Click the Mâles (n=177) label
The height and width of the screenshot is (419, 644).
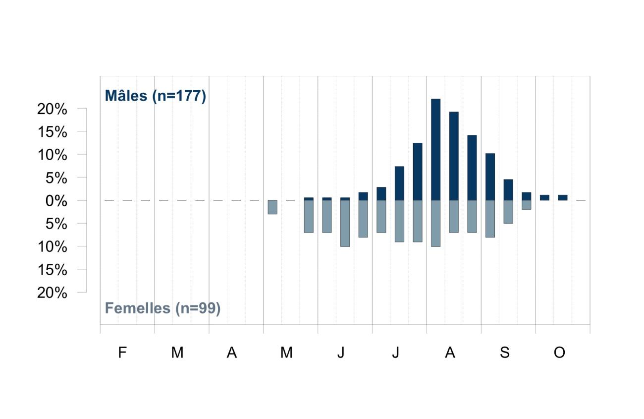tap(155, 96)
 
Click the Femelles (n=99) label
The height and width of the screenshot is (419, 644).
tap(162, 308)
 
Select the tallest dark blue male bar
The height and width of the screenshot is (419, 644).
tap(435, 149)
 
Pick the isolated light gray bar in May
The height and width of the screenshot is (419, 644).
tap(272, 207)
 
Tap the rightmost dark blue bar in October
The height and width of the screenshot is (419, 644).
tap(563, 197)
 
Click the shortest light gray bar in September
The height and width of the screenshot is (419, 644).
tap(527, 205)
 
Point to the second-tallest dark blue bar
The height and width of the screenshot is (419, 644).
tap(454, 156)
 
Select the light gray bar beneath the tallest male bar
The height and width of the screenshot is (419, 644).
tap(435, 223)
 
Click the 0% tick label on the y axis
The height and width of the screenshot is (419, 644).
tap(56, 201)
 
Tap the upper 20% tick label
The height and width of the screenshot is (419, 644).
tap(52, 109)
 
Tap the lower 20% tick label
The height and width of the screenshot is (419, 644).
tap(52, 293)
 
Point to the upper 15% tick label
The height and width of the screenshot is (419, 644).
tap(53, 132)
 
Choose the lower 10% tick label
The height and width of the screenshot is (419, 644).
tap(53, 246)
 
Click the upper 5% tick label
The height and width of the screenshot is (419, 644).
tap(56, 178)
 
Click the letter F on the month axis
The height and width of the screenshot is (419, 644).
tap(122, 352)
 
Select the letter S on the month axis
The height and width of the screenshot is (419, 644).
tap(505, 352)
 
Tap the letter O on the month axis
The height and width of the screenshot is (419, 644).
tap(559, 352)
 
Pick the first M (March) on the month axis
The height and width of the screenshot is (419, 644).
tap(177, 352)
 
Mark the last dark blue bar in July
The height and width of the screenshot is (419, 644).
tap(418, 172)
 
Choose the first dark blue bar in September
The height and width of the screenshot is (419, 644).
tap(490, 177)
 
